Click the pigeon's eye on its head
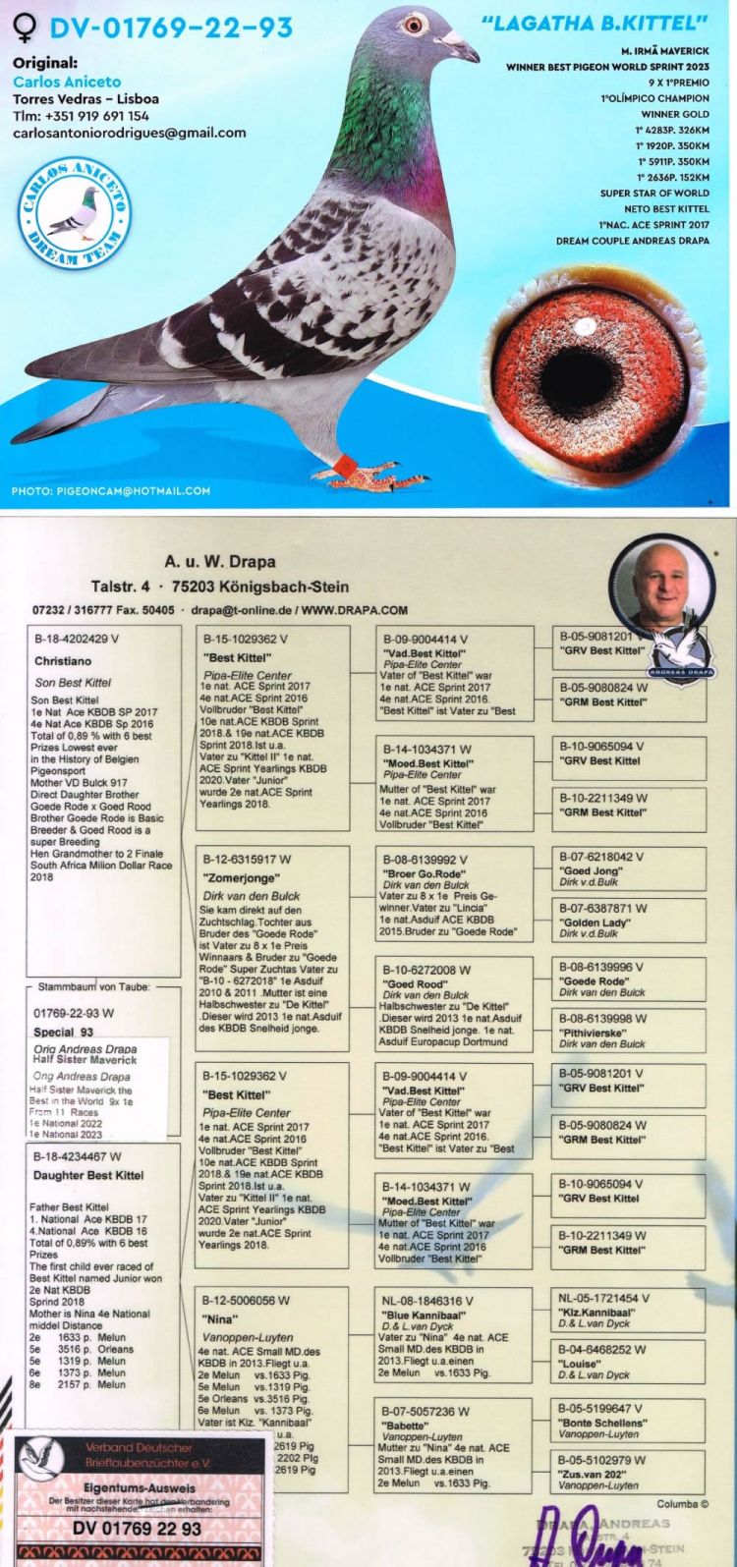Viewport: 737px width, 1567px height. pyautogui.click(x=416, y=24)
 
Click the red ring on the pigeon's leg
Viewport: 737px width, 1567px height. pyautogui.click(x=343, y=461)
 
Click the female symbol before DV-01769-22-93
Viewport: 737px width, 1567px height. pyautogui.click(x=25, y=27)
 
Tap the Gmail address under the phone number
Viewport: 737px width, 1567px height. pyautogui.click(x=129, y=133)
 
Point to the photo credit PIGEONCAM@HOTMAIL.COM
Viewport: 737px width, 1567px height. pyautogui.click(x=111, y=490)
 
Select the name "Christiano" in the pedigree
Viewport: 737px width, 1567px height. pyautogui.click(x=63, y=661)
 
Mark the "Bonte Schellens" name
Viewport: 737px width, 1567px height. pyautogui.click(x=603, y=1423)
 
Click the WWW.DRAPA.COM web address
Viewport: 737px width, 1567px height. pyautogui.click(x=355, y=610)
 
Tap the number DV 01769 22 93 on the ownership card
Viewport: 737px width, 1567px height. pyautogui.click(x=138, y=1529)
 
